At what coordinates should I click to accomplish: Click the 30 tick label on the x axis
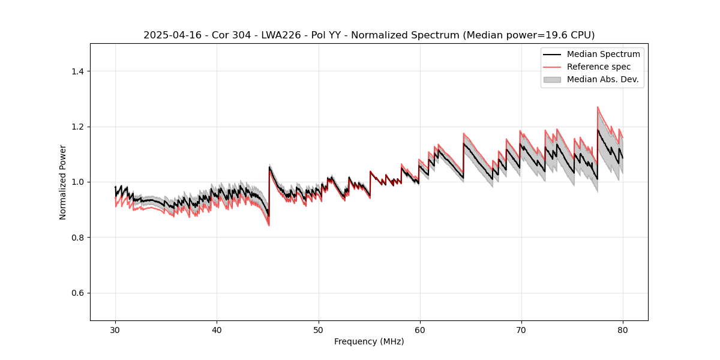point(115,330)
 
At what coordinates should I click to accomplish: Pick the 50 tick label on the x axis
point(318,330)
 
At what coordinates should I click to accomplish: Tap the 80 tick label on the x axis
point(623,330)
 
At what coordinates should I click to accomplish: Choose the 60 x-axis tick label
point(420,330)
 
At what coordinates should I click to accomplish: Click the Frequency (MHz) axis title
point(369,341)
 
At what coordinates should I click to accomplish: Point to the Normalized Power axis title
point(63,182)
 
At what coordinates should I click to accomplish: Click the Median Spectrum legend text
point(603,54)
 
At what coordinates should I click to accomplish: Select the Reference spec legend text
point(599,67)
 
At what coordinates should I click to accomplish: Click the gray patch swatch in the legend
point(552,79)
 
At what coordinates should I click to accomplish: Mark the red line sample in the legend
point(552,67)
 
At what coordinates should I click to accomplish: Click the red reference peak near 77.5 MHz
point(598,107)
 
